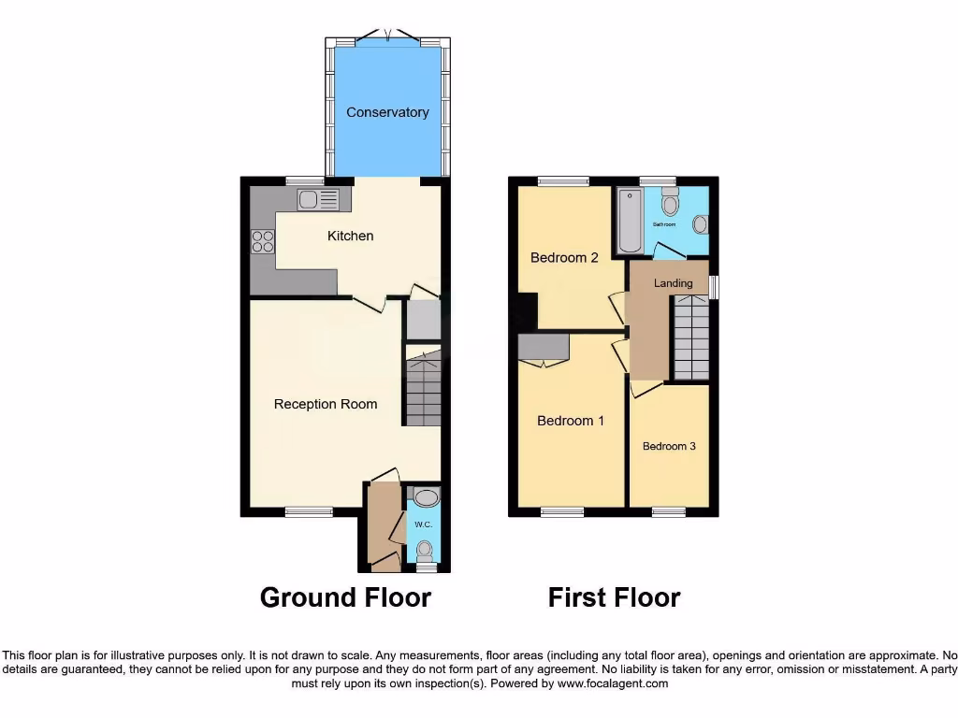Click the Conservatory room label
(387, 112)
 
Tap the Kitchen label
(350, 236)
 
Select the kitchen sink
(318, 199)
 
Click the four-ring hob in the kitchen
(263, 241)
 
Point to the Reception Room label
(326, 404)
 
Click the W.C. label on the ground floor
(423, 524)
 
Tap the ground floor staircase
(423, 387)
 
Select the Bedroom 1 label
(571, 421)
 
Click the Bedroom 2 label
(564, 257)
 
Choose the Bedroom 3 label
(669, 446)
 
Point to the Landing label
(674, 283)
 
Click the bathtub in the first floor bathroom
(631, 221)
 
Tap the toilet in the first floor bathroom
(669, 202)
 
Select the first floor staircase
(691, 337)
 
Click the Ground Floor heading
(345, 597)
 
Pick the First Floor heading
(614, 597)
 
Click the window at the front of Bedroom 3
(669, 510)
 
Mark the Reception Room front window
(309, 510)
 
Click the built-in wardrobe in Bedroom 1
(544, 348)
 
